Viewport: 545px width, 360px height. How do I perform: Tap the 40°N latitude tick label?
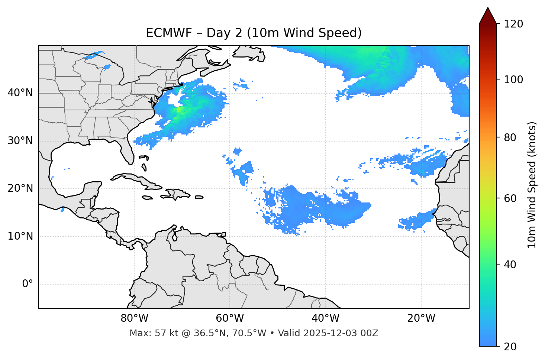[x=20, y=93]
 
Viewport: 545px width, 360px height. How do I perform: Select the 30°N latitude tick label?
[x=20, y=141]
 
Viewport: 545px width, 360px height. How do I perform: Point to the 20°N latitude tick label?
[x=20, y=188]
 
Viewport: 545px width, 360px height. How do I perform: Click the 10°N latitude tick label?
[x=20, y=236]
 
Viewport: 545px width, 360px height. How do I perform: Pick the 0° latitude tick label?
[x=28, y=284]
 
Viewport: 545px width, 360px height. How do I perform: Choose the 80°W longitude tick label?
[x=134, y=318]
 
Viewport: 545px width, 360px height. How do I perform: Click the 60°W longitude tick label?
[x=230, y=318]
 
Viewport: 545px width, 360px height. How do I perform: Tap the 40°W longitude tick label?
[x=325, y=318]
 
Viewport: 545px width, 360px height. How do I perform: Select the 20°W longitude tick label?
[x=421, y=318]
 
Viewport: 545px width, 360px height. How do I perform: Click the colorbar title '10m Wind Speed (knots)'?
[x=532, y=185]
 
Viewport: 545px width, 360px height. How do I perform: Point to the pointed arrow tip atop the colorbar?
[x=488, y=8]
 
